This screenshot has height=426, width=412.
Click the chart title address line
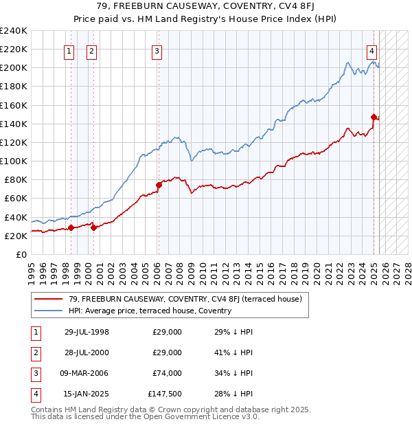coord(205,8)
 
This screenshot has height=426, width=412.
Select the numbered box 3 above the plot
coord(157,50)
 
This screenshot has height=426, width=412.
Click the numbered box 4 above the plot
coord(371,50)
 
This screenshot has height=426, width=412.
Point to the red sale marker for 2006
coord(159,185)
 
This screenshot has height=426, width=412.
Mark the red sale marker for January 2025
coord(374,117)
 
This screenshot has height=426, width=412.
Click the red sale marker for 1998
coord(71,227)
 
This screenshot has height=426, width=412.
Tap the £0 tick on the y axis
coord(21,254)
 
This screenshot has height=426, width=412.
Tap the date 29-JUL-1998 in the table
coord(87,332)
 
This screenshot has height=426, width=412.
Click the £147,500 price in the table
coord(165,394)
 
